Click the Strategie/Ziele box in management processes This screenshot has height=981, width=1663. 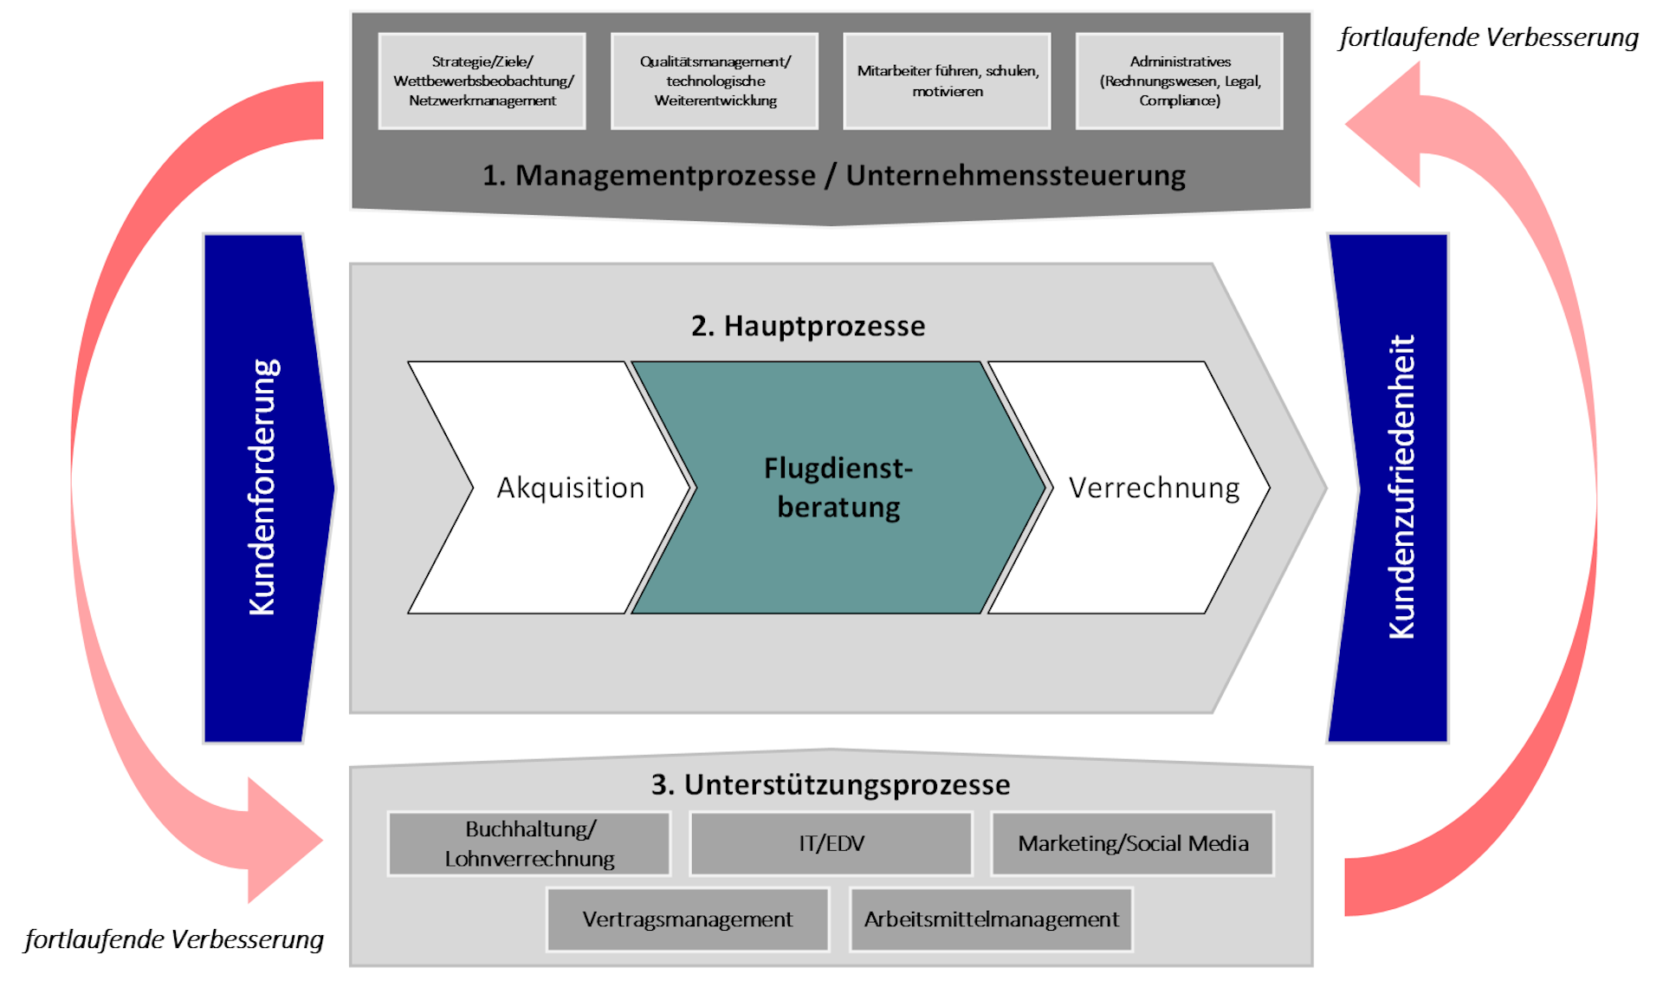(x=482, y=81)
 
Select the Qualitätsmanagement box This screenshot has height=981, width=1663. (x=715, y=81)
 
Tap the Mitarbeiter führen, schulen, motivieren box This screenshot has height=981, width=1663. (x=947, y=81)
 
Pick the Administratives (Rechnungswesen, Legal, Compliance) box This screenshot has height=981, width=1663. (x=1180, y=81)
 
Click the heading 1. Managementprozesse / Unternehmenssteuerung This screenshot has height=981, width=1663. (x=833, y=175)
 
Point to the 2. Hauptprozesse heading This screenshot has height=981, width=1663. (x=808, y=326)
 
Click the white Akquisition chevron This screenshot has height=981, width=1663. (x=549, y=488)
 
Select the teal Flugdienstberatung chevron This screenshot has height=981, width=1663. (x=838, y=488)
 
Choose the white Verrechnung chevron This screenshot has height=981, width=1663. (x=1129, y=488)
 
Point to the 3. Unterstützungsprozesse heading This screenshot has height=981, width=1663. (x=831, y=784)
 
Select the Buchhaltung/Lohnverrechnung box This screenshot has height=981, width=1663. (x=529, y=844)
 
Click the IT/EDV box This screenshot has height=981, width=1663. (x=831, y=844)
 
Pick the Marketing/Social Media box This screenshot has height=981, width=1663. (x=1133, y=844)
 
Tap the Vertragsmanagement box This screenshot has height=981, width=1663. (x=688, y=919)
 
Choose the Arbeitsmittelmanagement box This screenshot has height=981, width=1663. (x=991, y=919)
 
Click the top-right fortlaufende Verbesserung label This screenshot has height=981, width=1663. (x=1489, y=37)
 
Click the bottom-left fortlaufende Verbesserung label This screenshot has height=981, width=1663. (x=174, y=939)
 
